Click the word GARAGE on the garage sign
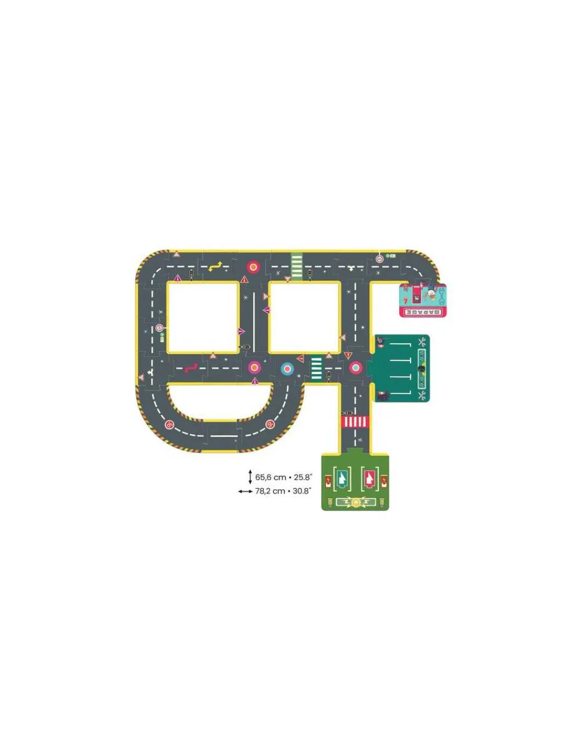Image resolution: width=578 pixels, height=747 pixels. point(423,312)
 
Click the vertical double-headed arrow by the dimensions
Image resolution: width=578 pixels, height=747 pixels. point(250,477)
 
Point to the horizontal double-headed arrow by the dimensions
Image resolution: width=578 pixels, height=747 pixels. point(245,491)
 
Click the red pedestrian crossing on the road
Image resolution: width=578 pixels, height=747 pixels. point(356,422)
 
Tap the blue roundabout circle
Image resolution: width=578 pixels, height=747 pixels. point(287,369)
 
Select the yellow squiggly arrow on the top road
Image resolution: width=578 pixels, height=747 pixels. point(215,267)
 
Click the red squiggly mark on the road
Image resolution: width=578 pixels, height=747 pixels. point(191,367)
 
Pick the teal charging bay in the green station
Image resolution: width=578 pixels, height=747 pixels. point(342,478)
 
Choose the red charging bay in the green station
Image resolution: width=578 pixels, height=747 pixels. point(369,478)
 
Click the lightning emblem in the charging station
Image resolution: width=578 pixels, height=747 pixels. point(356,502)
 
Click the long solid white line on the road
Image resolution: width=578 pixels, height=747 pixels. point(254,321)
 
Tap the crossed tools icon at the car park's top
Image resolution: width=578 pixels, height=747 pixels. point(421,343)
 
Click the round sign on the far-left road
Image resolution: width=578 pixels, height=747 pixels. point(159,328)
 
